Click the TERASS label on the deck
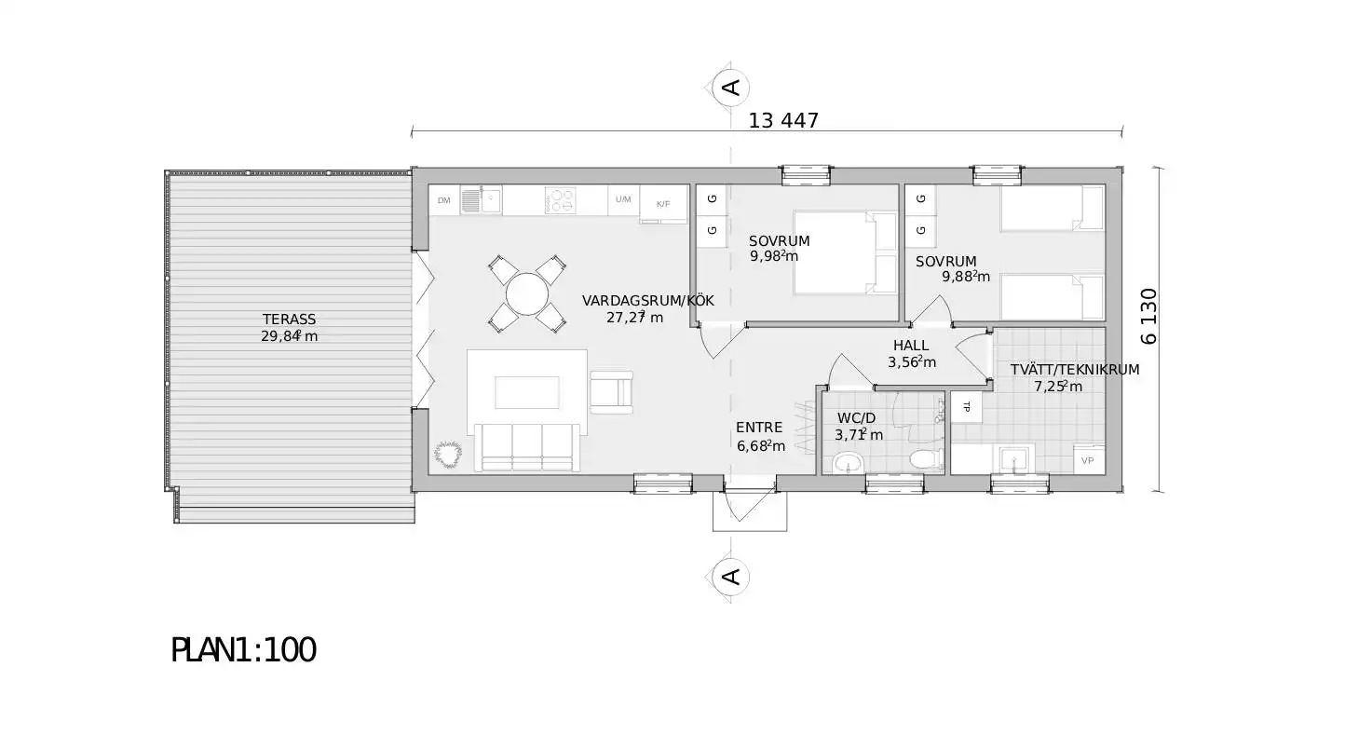[x=289, y=320]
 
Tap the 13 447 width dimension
[x=783, y=120]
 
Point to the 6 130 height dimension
[x=1148, y=317]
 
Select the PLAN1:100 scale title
[x=243, y=650]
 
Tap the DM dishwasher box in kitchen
[x=444, y=200]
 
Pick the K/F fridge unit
[x=663, y=204]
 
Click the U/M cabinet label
[x=623, y=199]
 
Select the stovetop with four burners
[x=560, y=200]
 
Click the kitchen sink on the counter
[x=482, y=199]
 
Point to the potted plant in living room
[x=448, y=454]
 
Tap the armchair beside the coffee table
[x=611, y=392]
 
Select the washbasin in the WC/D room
[x=849, y=463]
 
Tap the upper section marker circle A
[x=731, y=88]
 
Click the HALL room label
[x=910, y=346]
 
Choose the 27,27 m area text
[x=634, y=317]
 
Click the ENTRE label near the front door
[x=759, y=428]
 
